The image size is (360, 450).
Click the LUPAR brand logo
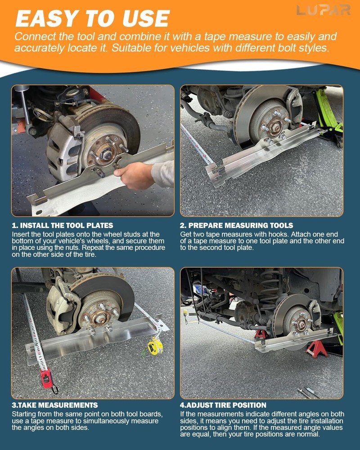click(x=323, y=10)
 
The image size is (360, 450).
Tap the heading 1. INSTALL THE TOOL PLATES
click(x=62, y=225)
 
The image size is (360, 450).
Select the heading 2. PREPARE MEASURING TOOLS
click(x=237, y=225)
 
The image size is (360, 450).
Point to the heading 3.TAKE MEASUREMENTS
click(x=54, y=405)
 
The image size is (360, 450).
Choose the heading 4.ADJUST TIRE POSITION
click(x=223, y=405)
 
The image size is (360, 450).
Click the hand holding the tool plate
click(x=137, y=175)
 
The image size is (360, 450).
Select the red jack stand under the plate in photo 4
click(x=317, y=349)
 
